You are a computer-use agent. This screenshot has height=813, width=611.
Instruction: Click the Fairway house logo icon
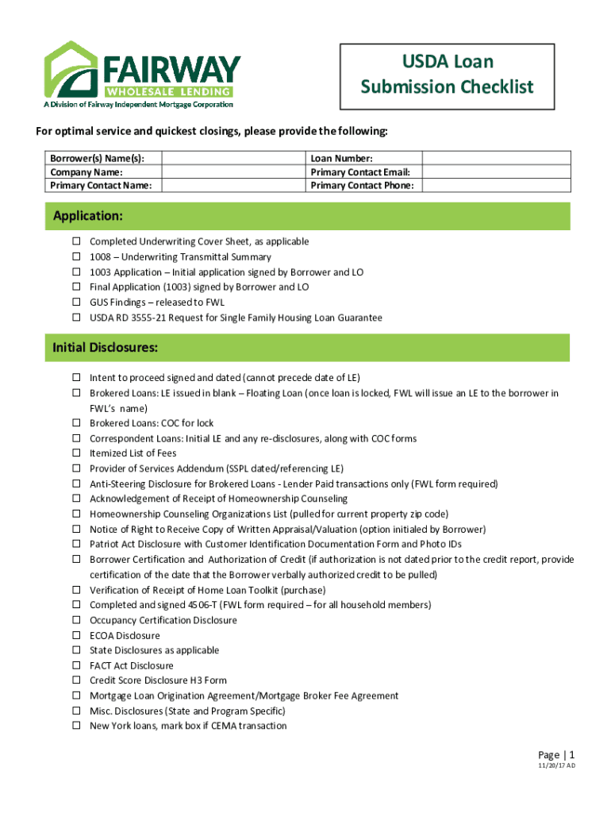click(x=72, y=70)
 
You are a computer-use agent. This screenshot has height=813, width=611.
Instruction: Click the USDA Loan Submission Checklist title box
click(x=447, y=75)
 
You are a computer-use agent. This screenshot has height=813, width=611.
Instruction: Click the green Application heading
click(x=88, y=216)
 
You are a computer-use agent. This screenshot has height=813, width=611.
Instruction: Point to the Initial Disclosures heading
click(x=105, y=348)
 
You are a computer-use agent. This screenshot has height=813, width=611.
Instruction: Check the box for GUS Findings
click(x=77, y=302)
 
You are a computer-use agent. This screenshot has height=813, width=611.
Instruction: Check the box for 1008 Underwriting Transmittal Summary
click(x=77, y=257)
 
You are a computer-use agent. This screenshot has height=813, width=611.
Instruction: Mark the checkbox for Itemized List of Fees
click(x=77, y=453)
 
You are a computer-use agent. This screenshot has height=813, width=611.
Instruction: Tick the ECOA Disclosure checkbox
click(x=77, y=635)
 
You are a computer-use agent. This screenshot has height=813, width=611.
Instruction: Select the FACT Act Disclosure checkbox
click(x=77, y=665)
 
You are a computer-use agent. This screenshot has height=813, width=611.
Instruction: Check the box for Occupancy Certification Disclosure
click(x=77, y=620)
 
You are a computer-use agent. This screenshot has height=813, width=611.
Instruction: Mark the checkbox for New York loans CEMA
click(x=77, y=726)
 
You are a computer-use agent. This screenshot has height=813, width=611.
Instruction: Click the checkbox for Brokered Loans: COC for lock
click(x=77, y=423)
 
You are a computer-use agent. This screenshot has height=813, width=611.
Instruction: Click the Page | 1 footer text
click(x=555, y=754)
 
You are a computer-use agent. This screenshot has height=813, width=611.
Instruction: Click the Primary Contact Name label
click(x=101, y=186)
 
